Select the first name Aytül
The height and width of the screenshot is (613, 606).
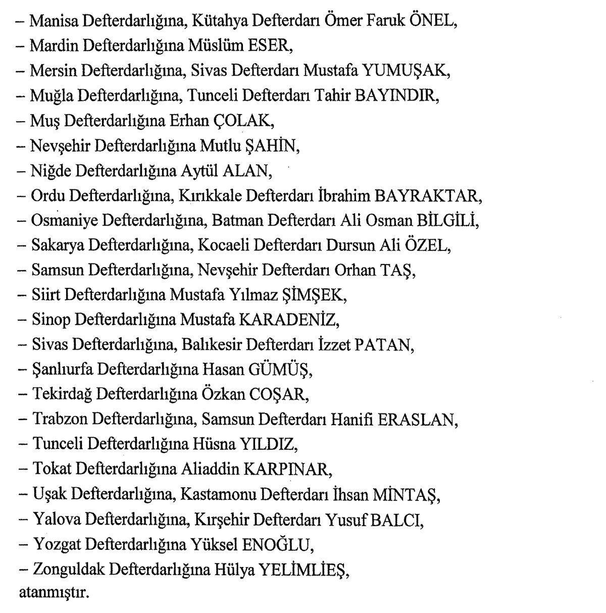pyautogui.click(x=199, y=171)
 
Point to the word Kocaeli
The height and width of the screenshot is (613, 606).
pyautogui.click(x=223, y=245)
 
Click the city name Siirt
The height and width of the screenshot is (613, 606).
pyautogui.click(x=46, y=295)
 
